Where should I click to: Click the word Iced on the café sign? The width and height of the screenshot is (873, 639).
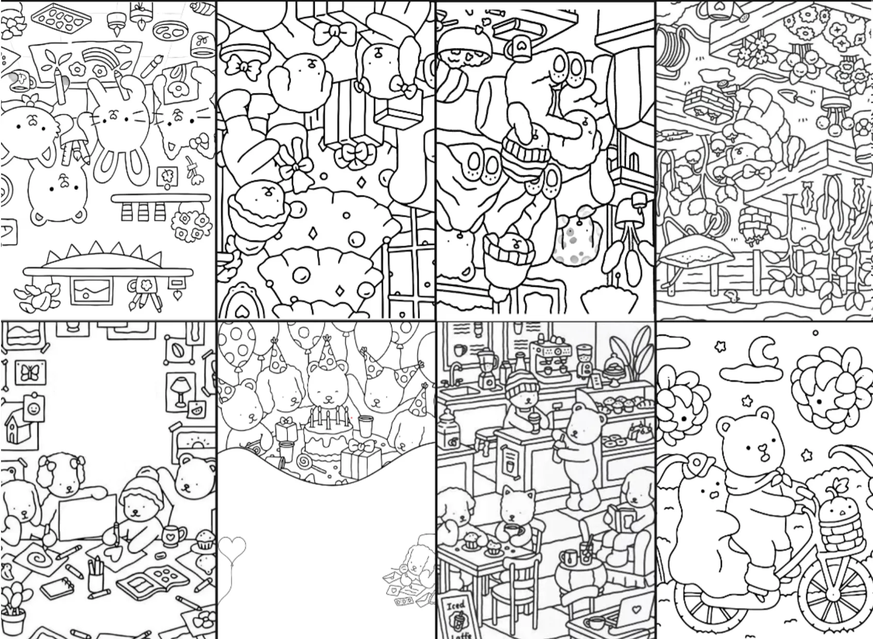pyautogui.click(x=456, y=605)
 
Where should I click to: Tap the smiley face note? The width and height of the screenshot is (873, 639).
pyautogui.click(x=34, y=408)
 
